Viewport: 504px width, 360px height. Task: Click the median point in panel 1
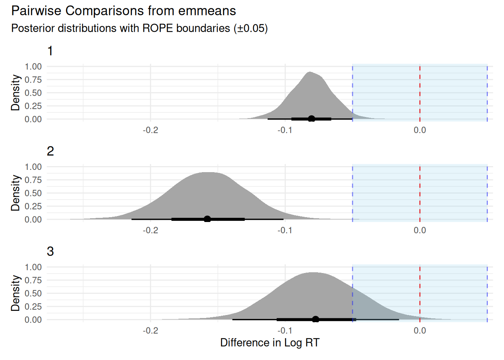311,119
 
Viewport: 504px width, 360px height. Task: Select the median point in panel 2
207,219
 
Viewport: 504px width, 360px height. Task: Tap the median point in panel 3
316,319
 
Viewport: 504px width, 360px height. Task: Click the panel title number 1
50,51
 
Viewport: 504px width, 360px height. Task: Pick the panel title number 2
50,151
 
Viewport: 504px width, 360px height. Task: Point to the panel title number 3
50,251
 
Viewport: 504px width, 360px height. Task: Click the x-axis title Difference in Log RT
270,342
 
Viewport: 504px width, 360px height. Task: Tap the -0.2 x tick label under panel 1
150,130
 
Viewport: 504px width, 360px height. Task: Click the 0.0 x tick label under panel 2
420,230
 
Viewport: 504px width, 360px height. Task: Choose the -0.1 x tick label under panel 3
285,331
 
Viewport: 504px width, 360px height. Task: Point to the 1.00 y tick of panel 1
33,67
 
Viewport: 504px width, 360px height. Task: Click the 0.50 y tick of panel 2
33,193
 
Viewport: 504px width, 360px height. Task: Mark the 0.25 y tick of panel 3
33,306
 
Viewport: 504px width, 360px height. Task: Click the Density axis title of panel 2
15,193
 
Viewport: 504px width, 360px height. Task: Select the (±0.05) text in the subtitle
250,28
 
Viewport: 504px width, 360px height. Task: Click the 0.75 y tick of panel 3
33,280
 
